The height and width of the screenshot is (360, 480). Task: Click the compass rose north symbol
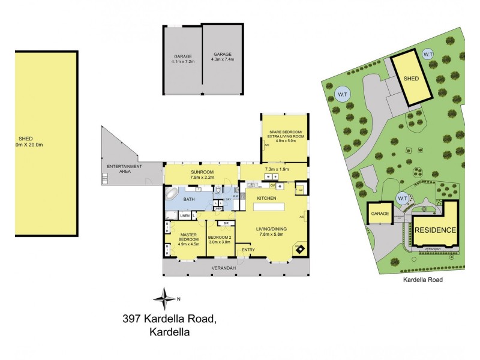click(x=164, y=298)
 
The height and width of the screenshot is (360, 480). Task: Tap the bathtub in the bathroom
click(x=172, y=196)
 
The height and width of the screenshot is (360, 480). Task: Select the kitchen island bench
click(x=274, y=206)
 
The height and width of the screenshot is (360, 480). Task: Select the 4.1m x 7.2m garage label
click(x=183, y=59)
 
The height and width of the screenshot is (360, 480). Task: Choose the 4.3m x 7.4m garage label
click(x=223, y=59)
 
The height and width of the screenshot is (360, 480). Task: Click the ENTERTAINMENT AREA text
click(x=125, y=169)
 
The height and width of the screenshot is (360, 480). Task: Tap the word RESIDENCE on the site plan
click(x=435, y=230)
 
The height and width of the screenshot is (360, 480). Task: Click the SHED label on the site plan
click(x=411, y=78)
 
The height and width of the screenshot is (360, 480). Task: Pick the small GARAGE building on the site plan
click(x=380, y=214)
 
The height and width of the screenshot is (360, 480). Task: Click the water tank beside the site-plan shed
click(x=428, y=55)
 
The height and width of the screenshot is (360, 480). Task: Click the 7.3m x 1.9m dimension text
click(x=277, y=169)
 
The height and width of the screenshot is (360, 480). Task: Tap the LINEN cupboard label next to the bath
click(x=184, y=215)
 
